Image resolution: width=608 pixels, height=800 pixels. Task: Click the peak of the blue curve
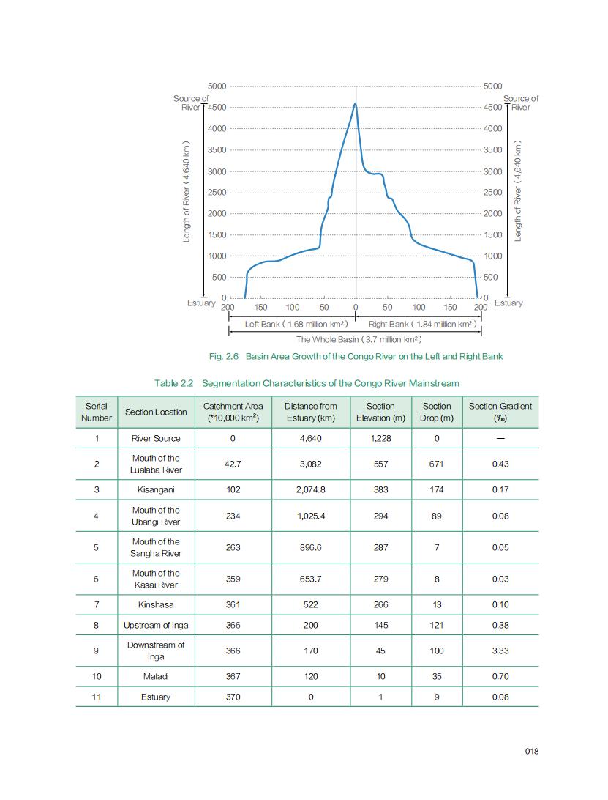pos(356,104)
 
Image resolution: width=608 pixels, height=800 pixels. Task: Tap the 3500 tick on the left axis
pos(217,149)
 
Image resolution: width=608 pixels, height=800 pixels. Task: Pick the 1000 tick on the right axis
pos(492,256)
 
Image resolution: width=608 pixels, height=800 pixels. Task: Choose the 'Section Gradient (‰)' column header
pos(500,412)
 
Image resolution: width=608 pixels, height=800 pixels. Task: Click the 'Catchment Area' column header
pos(233,412)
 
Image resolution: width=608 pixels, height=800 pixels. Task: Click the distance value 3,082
pos(310,464)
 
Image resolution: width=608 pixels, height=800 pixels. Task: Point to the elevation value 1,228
pos(380,438)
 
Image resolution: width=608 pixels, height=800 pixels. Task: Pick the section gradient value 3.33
pos(500,651)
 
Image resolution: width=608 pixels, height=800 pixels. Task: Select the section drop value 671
pos(437,464)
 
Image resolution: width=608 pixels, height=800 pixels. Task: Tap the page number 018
pos(532,751)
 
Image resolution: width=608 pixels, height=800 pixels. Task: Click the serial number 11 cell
pos(97,697)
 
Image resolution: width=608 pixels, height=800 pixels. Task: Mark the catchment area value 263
pos(233,547)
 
